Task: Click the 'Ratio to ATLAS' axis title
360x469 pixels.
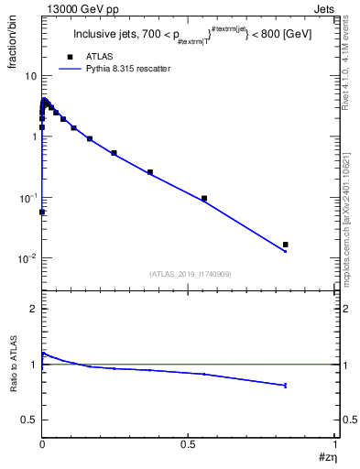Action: (x=13, y=365)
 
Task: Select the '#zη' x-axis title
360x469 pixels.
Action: (x=327, y=457)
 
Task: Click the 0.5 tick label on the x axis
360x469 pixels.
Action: (x=189, y=444)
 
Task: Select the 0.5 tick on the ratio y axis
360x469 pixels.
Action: (x=29, y=420)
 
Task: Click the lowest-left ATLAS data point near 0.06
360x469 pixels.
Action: (x=42, y=212)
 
